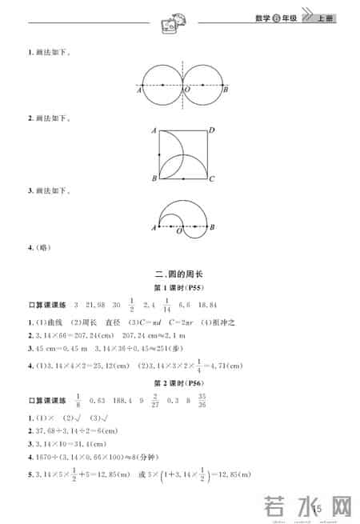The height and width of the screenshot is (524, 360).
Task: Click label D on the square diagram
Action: [211, 129]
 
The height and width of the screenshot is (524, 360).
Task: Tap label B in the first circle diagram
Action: [226, 90]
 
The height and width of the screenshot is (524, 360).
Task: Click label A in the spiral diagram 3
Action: [153, 229]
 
